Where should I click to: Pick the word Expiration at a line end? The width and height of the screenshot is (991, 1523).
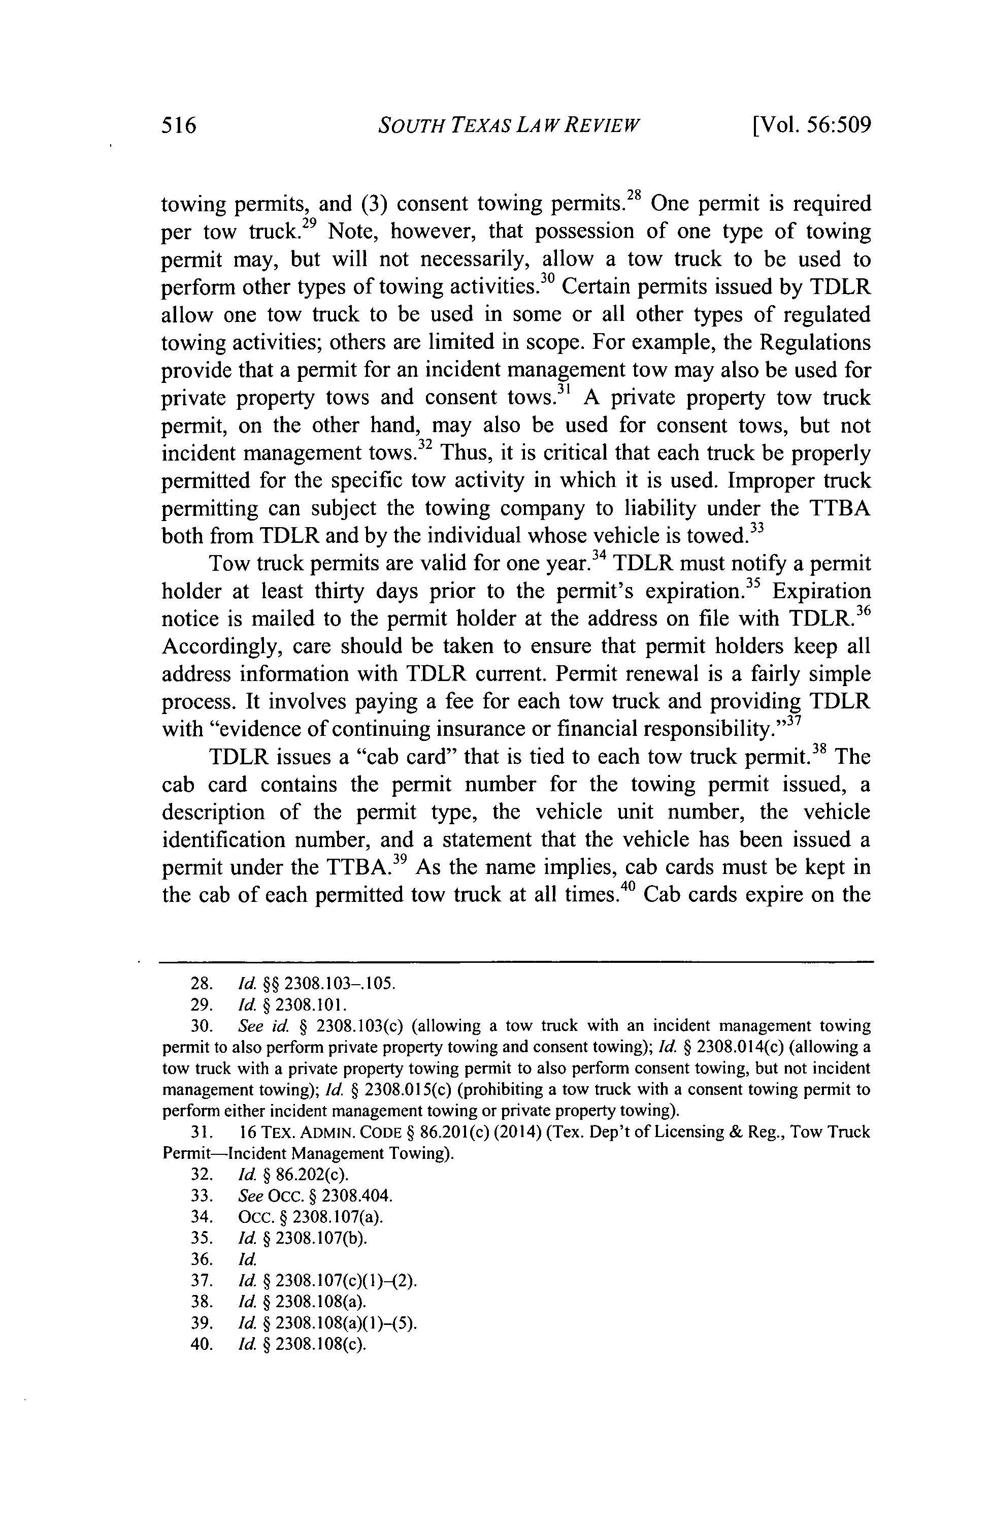click(x=821, y=591)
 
